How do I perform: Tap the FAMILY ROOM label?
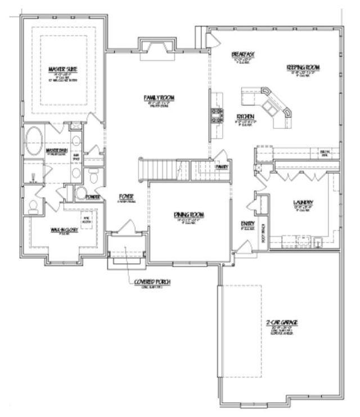159,98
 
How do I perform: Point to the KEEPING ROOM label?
303,68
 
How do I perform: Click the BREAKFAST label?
244,54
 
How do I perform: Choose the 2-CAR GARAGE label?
282,322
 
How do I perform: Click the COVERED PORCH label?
152,281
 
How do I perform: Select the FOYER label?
125,196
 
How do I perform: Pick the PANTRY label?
221,167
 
